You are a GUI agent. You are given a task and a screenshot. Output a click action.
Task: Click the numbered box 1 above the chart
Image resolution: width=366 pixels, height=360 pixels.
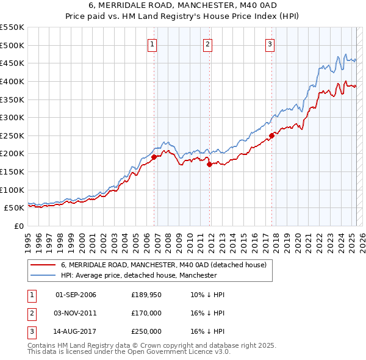152,43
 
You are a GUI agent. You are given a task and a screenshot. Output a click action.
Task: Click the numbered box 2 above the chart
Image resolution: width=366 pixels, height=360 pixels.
208,43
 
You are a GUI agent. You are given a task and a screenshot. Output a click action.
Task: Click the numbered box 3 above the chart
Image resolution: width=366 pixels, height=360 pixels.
270,43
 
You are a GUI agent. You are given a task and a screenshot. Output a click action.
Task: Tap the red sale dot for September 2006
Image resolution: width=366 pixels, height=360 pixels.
154,157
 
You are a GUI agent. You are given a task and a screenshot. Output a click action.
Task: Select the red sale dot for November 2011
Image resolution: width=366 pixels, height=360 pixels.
209,164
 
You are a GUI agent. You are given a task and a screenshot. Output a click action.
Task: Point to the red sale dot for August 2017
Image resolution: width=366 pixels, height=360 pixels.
271,135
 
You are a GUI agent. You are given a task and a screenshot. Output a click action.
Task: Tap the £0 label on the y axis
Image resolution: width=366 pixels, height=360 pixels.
18,226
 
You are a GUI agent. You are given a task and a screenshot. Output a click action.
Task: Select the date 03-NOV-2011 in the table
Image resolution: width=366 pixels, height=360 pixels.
76,313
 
